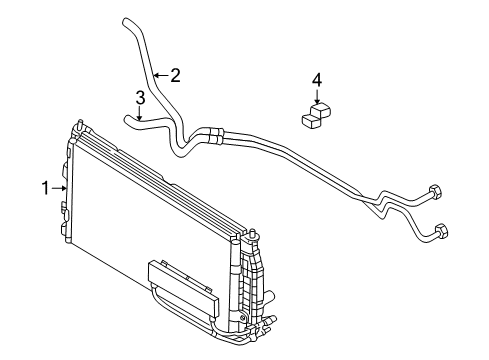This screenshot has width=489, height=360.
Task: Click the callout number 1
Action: (45, 186)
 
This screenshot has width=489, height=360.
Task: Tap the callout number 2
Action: (176, 73)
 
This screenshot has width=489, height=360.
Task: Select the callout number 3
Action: (141, 97)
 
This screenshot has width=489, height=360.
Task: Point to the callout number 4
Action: (317, 78)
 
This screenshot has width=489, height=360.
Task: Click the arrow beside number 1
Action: (62, 186)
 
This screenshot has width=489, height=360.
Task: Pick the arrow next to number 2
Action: (160, 73)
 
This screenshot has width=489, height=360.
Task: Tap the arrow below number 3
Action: (141, 113)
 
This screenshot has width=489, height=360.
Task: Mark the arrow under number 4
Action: (317, 96)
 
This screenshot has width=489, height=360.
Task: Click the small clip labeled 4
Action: (316, 116)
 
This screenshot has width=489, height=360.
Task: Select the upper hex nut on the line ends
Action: (434, 194)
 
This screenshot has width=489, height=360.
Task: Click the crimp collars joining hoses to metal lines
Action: (214, 131)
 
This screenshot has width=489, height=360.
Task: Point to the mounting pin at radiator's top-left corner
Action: (76, 125)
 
